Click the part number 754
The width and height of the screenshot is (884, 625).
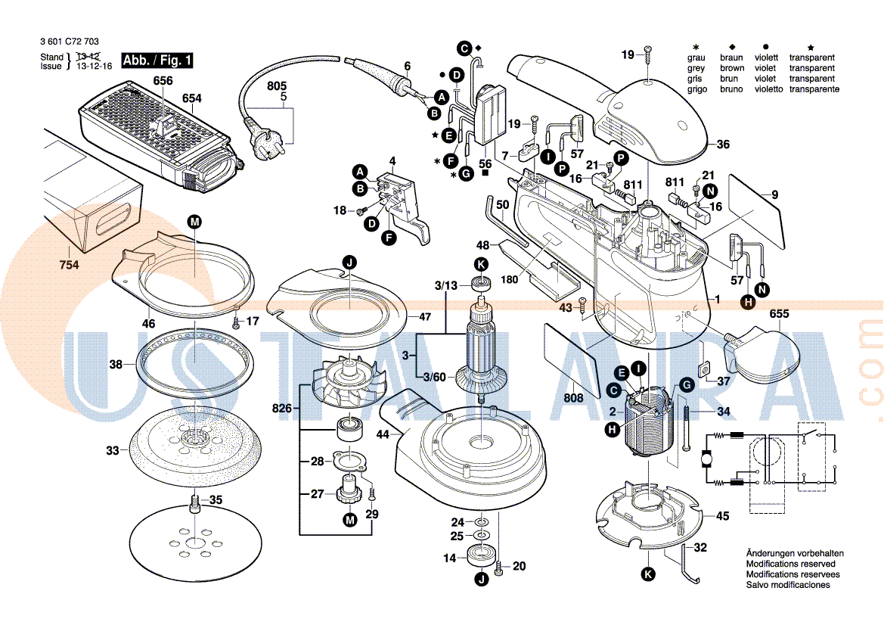coord(69,265)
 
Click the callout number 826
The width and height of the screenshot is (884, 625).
coord(281,409)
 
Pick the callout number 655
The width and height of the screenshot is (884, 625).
coord(779,314)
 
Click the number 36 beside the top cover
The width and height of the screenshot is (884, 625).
coord(723,145)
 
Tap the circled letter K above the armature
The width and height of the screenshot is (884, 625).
coord(481,264)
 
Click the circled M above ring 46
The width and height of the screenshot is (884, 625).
coord(194,222)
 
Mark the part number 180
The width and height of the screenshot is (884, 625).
coord(509,280)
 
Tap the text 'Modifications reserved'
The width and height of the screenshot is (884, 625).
coord(790,564)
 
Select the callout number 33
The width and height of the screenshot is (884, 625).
coord(113,451)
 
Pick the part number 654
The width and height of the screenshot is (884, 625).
coord(192,98)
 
